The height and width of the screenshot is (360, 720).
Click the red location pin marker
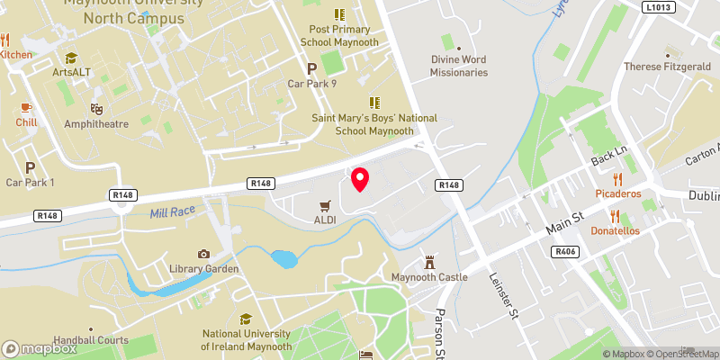(x=360, y=179)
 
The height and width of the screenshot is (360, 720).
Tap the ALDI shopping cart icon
(x=326, y=204)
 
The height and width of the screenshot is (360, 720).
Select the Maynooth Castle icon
(x=429, y=261)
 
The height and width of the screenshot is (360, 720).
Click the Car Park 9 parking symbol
(x=312, y=68)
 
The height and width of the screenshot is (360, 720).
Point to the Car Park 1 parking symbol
(x=30, y=167)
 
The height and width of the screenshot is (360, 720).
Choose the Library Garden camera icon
(x=203, y=254)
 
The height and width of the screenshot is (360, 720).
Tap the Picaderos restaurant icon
(x=616, y=178)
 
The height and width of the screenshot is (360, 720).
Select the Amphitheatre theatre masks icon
(x=97, y=108)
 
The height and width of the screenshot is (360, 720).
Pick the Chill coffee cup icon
(x=25, y=108)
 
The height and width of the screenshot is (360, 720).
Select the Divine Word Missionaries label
(x=458, y=66)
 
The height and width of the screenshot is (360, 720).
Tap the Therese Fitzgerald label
(x=667, y=67)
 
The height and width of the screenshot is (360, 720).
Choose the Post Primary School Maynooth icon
(x=339, y=14)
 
